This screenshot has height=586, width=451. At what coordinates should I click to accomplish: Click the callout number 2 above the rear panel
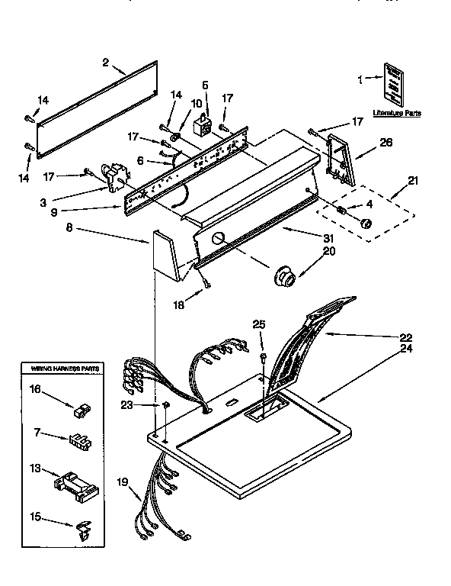pos(105,63)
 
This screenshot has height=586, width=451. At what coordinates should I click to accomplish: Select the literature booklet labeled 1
pos(394,84)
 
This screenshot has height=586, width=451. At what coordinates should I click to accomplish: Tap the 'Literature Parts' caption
pos(396,113)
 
